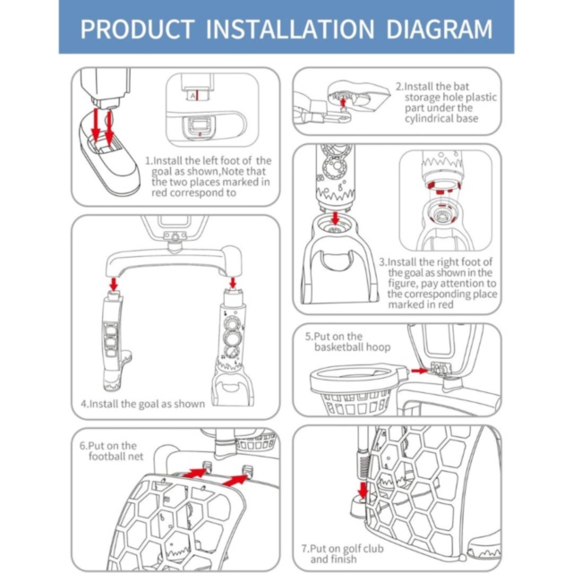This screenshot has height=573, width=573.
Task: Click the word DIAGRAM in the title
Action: tap(440, 29)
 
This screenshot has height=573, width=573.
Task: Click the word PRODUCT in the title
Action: tap(137, 29)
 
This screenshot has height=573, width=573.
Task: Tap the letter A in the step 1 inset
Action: tap(192, 96)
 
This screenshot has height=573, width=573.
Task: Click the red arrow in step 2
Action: tap(343, 103)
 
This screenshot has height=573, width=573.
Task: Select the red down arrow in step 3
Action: tap(335, 218)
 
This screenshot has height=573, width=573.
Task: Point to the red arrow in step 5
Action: tap(419, 371)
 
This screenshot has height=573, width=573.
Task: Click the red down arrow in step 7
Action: tap(363, 491)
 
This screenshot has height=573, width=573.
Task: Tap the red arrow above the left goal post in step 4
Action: tap(114, 284)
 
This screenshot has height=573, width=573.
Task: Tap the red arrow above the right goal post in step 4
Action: tap(233, 282)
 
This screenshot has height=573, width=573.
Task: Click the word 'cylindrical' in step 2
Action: tap(428, 118)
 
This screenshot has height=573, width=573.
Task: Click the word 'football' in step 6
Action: tap(105, 456)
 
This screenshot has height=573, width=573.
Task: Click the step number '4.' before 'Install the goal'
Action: tap(85, 404)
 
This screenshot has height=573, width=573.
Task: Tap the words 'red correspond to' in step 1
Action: tap(193, 193)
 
